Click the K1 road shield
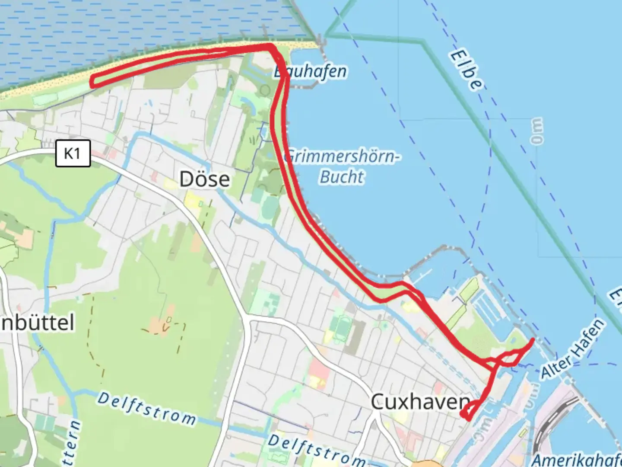(73, 153)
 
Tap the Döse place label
(204, 179)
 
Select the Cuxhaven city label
(420, 402)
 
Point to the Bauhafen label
(311, 71)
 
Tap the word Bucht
(342, 176)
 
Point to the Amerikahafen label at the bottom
(577, 459)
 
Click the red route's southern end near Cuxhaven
(466, 416)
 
